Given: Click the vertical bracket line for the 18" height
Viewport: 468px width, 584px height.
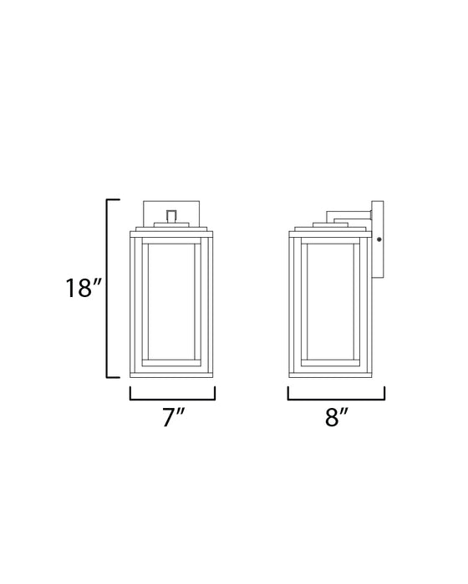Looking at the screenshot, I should (x=107, y=289).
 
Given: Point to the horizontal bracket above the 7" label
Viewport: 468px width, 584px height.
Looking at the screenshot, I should (x=173, y=398).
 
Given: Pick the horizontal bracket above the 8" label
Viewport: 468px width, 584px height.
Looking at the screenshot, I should (x=336, y=398).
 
